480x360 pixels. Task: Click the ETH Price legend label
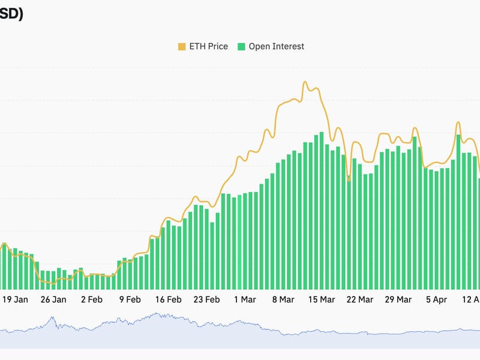tap(208, 46)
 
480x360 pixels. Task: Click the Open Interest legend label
tap(276, 46)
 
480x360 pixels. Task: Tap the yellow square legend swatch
tap(181, 46)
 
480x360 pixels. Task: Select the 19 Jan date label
tap(15, 299)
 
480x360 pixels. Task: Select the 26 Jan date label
tap(53, 299)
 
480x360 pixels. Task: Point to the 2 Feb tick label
tap(92, 299)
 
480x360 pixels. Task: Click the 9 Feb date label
tap(130, 299)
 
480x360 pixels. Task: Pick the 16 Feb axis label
tap(168, 299)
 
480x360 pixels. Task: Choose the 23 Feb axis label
tap(206, 299)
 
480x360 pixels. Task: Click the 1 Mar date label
tap(245, 299)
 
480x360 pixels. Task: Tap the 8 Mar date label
tap(283, 299)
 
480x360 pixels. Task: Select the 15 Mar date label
tap(321, 299)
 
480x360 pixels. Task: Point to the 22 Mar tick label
tap(360, 299)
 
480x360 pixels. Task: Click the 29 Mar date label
tap(398, 299)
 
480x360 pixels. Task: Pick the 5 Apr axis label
tap(436, 299)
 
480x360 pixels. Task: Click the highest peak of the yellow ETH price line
tap(305, 82)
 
